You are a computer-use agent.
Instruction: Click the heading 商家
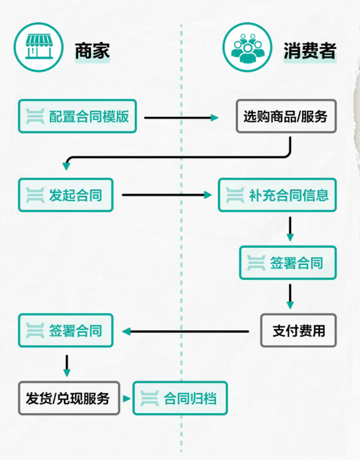tap(92, 50)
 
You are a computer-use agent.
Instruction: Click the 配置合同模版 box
tap(77, 116)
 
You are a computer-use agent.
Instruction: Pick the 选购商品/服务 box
tap(286, 116)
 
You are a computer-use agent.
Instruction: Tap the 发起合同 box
tap(66, 196)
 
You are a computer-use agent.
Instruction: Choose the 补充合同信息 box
tap(277, 196)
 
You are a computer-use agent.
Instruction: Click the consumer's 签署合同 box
tap(288, 263)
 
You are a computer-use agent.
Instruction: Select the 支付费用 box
tap(298, 331)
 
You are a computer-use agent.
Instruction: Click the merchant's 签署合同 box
tap(66, 331)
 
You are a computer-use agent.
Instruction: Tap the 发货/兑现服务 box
tap(69, 398)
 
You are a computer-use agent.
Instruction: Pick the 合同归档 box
tap(180, 398)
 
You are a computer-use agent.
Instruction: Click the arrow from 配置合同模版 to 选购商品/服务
tap(182, 117)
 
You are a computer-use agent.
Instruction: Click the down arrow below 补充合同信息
tap(290, 229)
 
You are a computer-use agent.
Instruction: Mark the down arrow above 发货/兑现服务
tap(66, 365)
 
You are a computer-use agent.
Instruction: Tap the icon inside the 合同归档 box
tap(150, 398)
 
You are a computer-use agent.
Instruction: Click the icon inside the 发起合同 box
tap(35, 196)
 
